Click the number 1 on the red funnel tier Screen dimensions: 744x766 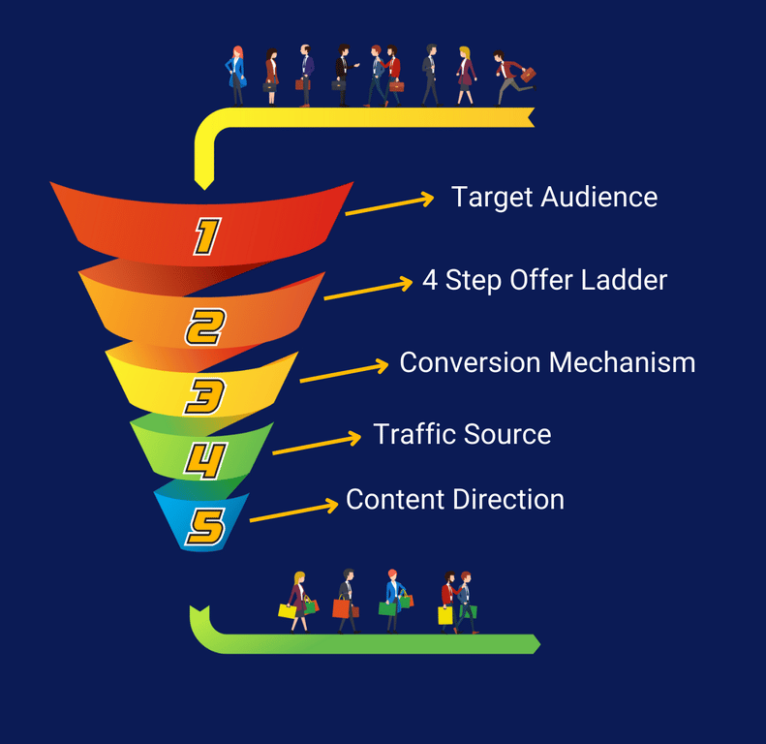tap(206, 236)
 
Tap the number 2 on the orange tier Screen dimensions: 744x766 tap(205, 327)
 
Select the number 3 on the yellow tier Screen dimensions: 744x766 tap(205, 395)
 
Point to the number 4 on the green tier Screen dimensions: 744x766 tap(205, 461)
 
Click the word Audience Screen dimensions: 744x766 tap(598, 198)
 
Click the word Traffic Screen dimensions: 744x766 tap(414, 434)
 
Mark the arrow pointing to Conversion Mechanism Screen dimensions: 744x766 tap(343, 372)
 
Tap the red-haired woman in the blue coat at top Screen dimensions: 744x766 tap(235, 76)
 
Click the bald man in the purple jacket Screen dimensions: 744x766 tap(306, 74)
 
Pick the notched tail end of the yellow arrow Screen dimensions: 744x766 tap(528, 117)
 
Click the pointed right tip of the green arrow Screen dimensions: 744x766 tap(537, 644)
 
